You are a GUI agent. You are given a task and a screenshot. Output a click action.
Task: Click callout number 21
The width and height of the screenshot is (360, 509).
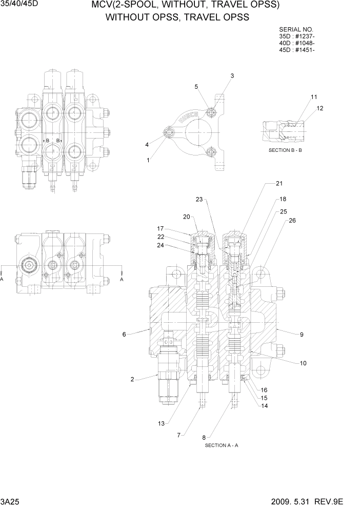click(279, 183)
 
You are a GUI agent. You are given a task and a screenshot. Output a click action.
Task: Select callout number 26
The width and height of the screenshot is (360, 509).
click(292, 221)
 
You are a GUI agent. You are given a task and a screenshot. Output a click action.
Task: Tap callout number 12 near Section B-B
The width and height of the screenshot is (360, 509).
click(320, 108)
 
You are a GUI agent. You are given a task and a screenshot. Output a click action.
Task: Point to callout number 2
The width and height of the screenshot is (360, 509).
click(132, 380)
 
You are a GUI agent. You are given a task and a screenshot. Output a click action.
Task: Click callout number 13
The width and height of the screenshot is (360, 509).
click(162, 423)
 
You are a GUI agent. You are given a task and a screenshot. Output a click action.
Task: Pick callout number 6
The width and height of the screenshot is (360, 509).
click(124, 335)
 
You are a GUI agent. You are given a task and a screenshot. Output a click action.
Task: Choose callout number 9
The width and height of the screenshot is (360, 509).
click(302, 335)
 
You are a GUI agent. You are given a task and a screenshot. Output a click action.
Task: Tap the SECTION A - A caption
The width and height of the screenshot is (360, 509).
click(221, 445)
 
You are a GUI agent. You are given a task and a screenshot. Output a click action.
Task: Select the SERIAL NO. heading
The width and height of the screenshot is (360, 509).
click(296, 30)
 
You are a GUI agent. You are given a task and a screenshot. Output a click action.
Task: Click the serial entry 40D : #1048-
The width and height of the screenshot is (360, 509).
click(296, 43)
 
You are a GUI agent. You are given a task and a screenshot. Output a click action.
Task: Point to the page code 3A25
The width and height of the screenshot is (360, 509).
click(9, 501)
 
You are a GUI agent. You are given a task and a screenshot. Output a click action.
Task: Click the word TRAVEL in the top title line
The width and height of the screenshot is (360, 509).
click(216, 6)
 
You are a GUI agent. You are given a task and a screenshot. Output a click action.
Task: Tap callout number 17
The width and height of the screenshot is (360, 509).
click(160, 228)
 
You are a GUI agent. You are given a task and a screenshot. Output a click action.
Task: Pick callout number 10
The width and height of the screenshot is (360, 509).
click(303, 363)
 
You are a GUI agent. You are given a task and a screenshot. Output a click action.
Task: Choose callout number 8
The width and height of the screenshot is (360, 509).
click(204, 438)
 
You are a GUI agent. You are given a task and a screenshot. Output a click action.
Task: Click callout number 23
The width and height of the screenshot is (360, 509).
click(199, 199)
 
